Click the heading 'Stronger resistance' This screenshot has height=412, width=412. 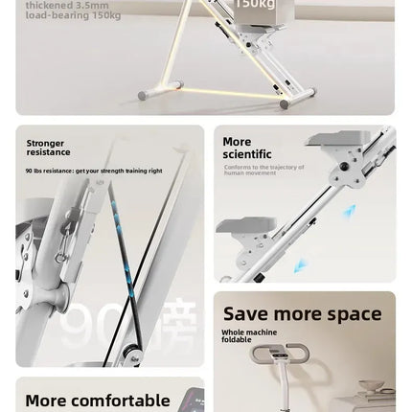tap(48, 148)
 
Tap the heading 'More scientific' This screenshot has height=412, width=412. tap(246, 148)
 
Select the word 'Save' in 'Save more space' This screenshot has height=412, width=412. tap(244, 314)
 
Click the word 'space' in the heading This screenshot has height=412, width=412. tap(355, 314)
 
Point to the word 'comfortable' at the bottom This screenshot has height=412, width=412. tap(124, 401)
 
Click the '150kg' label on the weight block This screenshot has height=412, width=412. tap(253, 5)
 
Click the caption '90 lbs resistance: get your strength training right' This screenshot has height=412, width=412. tap(94, 171)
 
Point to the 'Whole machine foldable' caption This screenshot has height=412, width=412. tap(249, 335)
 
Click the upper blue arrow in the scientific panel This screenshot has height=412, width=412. tap(351, 211)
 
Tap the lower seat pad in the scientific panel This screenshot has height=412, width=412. tap(244, 225)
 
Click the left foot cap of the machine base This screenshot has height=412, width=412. tap(144, 95)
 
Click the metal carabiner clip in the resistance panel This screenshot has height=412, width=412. tap(59, 251)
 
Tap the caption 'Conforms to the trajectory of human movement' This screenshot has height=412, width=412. tap(263, 170)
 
